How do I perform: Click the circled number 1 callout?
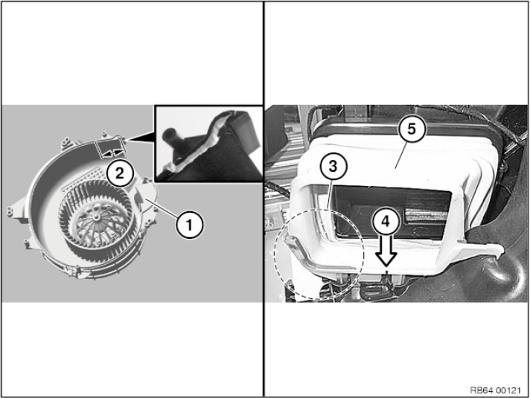coord(190,224)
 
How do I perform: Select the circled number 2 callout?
coord(120,173)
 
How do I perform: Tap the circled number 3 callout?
coord(333,166)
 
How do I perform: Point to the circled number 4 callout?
coord(386,221)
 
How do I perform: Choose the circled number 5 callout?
coord(412,129)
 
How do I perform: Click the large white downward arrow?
coord(386,250)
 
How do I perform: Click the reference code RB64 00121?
coord(496,391)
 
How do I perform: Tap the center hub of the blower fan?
coord(96,216)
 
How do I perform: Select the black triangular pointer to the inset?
coord(140,136)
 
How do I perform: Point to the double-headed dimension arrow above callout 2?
coord(112,153)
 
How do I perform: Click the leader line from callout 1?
coord(162,209)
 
